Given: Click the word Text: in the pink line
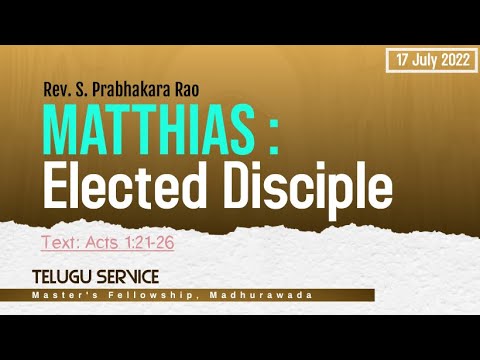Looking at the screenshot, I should (59, 242).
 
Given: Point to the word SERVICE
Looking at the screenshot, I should (128, 275).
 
